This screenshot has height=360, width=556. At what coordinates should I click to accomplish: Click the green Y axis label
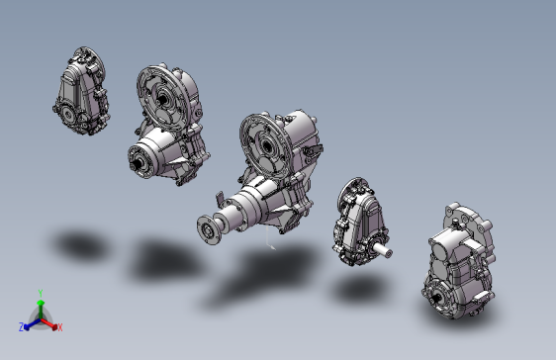pos(41,294)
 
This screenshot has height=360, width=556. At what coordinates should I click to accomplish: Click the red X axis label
pos(60,327)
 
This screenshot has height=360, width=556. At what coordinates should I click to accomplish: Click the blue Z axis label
pos(22,327)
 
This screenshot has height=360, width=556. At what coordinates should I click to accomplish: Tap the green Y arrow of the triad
pos(41,309)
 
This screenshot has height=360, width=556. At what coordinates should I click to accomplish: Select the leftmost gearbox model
pos(81,91)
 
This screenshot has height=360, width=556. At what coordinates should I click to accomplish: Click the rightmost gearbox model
pos(458,261)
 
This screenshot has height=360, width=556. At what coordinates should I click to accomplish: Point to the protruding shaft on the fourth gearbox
pos(382,250)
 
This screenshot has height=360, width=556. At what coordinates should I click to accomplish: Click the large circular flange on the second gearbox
pos(161,96)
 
